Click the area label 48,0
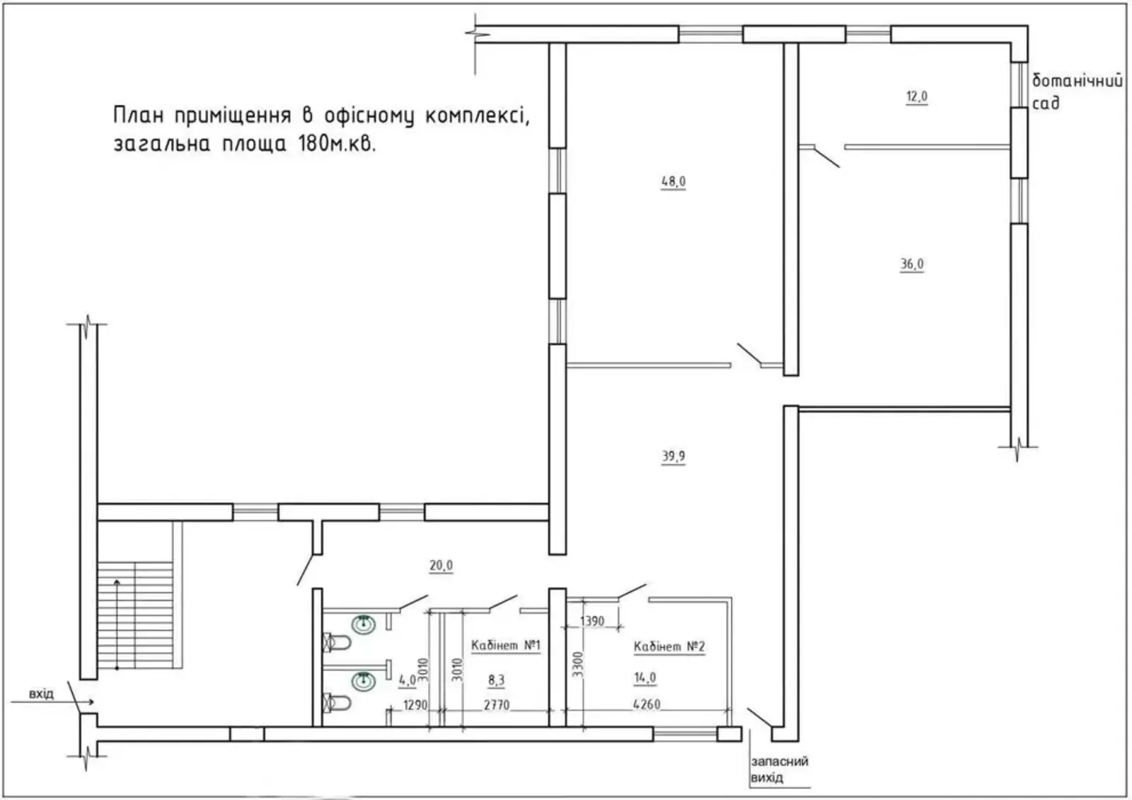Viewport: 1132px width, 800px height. (x=674, y=181)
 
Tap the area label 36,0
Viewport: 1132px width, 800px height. (x=912, y=264)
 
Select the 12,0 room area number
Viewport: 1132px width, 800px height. (x=917, y=96)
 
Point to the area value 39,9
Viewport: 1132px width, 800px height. (x=674, y=456)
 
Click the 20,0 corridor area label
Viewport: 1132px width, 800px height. (x=441, y=566)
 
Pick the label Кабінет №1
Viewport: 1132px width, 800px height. (x=506, y=645)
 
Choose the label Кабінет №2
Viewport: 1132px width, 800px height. (x=669, y=646)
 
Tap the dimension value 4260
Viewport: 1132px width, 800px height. (x=647, y=704)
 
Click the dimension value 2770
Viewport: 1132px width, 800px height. (x=496, y=704)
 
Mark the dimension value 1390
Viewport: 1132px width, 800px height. (x=591, y=620)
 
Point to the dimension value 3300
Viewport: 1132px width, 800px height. (x=578, y=665)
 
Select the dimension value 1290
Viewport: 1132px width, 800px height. (x=415, y=704)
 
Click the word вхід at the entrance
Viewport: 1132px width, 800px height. (x=41, y=693)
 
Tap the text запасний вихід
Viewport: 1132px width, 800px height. (x=779, y=769)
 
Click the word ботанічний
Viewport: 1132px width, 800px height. (x=1077, y=81)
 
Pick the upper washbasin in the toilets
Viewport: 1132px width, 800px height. (x=364, y=624)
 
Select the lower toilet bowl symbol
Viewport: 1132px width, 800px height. (x=337, y=702)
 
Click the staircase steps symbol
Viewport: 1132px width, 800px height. (x=135, y=615)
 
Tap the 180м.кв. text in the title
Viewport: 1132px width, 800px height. (x=337, y=144)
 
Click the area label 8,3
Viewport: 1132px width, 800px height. (x=496, y=680)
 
